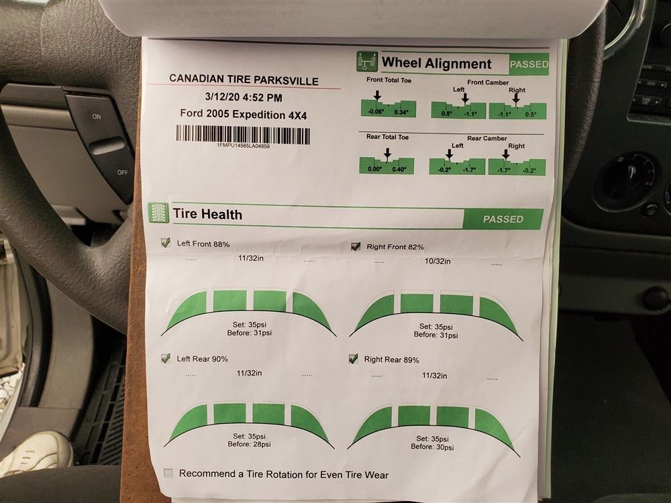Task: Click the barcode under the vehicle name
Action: [243, 134]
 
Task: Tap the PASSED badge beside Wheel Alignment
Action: [529, 64]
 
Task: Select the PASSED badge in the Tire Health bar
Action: [503, 219]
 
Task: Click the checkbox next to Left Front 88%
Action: [165, 243]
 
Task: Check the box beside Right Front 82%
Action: [355, 246]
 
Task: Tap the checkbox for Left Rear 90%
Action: [165, 358]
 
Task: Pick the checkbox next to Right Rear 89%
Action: [353, 358]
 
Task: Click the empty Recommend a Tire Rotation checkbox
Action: [168, 473]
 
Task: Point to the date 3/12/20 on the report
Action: [222, 97]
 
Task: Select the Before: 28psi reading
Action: [249, 445]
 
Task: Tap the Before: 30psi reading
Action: [432, 447]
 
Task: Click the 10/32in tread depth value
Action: [437, 261]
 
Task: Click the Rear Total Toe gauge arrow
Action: [387, 154]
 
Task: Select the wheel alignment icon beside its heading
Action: [367, 62]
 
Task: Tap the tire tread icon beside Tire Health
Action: [159, 213]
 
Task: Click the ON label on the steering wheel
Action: [97, 116]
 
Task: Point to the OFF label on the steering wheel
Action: [122, 172]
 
